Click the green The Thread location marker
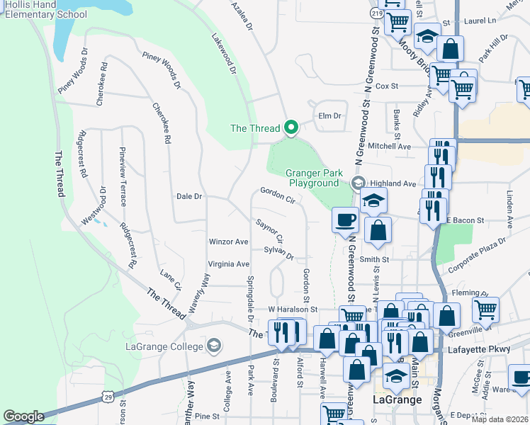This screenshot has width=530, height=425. pyautogui.click(x=290, y=127)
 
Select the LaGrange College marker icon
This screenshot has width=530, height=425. pyautogui.click(x=213, y=346)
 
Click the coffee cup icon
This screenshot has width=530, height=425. pyautogui.click(x=345, y=220)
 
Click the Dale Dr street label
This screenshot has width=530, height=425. pyautogui.click(x=189, y=196)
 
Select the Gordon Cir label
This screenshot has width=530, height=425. pyautogui.click(x=277, y=194)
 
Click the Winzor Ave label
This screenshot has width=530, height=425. pyautogui.click(x=228, y=242)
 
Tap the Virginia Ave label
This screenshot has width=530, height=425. pyautogui.click(x=228, y=264)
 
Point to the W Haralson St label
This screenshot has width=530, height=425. pyautogui.click(x=292, y=310)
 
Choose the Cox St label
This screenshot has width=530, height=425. pyautogui.click(x=387, y=86)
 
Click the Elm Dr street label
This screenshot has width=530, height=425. pyautogui.click(x=330, y=115)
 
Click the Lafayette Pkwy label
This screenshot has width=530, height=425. pyautogui.click(x=478, y=350)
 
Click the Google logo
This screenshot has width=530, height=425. pyautogui.click(x=23, y=416)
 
